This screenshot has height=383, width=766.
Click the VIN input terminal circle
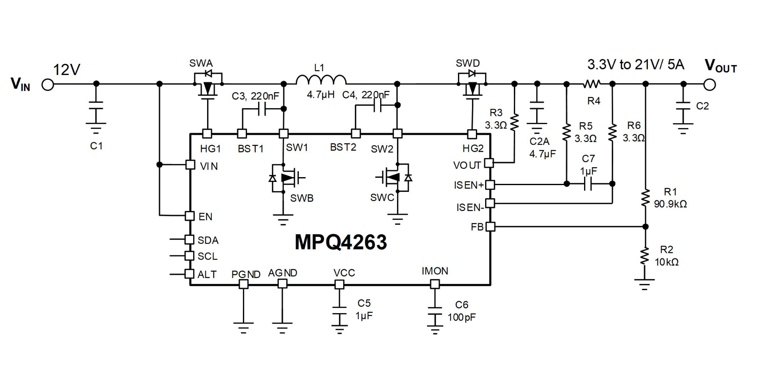(x=47, y=85)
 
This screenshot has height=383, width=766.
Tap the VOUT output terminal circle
(x=710, y=85)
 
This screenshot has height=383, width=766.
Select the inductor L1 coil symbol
(x=321, y=80)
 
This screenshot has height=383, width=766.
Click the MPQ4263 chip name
(x=340, y=242)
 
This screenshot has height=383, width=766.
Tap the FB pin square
(x=490, y=227)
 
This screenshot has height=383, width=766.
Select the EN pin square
(x=190, y=216)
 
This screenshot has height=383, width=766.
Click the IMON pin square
(x=435, y=284)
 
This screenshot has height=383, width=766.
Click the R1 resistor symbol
(x=645, y=198)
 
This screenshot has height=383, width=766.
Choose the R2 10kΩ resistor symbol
(x=645, y=256)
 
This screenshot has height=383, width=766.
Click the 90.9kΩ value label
(x=670, y=204)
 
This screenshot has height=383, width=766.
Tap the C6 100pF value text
(x=462, y=318)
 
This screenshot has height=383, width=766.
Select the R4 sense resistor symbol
(x=592, y=84)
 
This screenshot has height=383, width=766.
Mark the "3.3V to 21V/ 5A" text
(x=636, y=65)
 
